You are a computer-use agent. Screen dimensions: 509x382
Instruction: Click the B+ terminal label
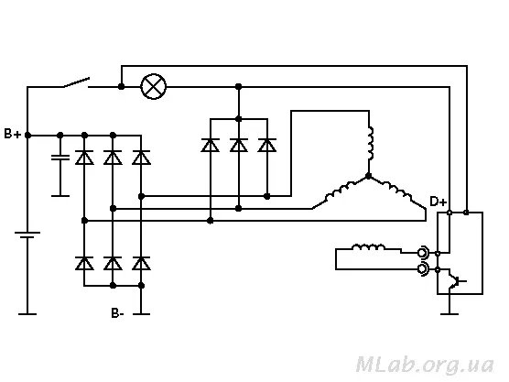tap(13, 134)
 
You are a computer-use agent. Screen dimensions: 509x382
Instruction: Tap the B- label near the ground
tap(117, 313)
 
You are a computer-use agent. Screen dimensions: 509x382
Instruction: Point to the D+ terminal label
tap(439, 202)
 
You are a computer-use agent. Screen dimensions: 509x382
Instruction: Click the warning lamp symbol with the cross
tap(154, 87)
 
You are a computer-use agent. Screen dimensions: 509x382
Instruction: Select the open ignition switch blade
tap(76, 82)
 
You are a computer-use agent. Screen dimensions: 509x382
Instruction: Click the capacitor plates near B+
tap(60, 158)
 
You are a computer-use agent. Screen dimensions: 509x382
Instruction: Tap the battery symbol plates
tap(27, 235)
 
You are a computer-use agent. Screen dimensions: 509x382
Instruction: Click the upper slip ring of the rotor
tap(423, 253)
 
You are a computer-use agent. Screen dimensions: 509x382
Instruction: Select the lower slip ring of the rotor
tap(423, 269)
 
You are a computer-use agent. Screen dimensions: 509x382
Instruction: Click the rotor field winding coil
tap(369, 247)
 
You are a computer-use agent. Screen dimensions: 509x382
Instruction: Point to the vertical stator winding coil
tap(370, 143)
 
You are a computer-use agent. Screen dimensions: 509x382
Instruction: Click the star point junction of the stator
tap(368, 176)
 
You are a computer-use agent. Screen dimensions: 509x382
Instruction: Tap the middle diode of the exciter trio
tap(239, 145)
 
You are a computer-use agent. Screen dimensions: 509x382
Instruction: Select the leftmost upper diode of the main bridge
tap(84, 158)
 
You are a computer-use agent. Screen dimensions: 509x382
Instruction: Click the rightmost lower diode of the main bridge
tap(141, 263)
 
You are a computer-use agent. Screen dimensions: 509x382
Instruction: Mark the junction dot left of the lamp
tap(121, 87)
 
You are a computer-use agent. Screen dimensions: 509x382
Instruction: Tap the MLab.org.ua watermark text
tap(425, 365)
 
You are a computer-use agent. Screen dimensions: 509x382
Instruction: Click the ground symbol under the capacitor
tap(60, 195)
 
